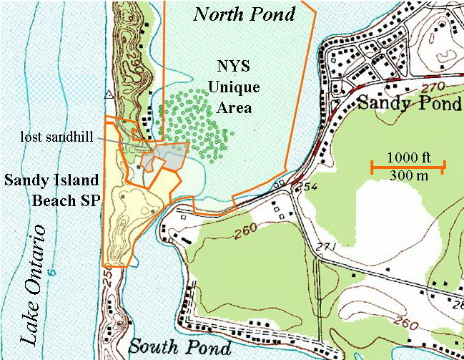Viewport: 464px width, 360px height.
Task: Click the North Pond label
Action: pyautogui.click(x=245, y=13)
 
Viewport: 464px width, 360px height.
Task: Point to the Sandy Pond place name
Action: pyautogui.click(x=409, y=104)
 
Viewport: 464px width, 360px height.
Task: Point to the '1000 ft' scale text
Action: pyautogui.click(x=408, y=157)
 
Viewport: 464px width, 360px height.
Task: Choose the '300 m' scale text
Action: pyautogui.click(x=408, y=177)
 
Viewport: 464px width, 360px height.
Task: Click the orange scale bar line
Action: pyautogui.click(x=408, y=167)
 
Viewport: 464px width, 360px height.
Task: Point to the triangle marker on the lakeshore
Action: pyautogui.click(x=109, y=94)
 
